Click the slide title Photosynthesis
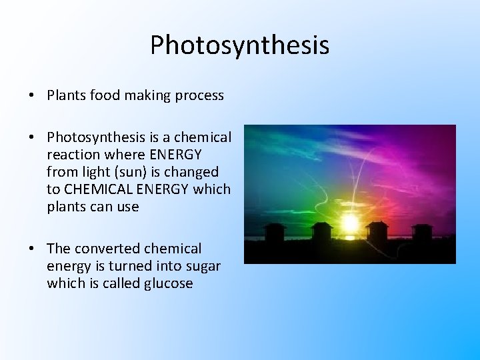click(x=239, y=45)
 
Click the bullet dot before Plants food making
click(x=32, y=96)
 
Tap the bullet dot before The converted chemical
click(x=32, y=249)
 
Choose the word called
click(x=119, y=283)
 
